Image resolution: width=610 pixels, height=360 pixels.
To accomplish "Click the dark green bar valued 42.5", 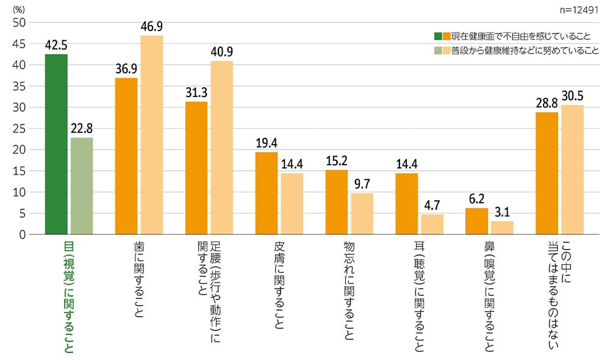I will tap(56, 144).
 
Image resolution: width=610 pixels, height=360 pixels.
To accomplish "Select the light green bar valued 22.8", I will tap(82, 185).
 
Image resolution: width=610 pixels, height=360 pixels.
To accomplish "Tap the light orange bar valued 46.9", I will tap(152, 135).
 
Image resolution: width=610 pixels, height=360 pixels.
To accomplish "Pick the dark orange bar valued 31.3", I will tap(196, 168).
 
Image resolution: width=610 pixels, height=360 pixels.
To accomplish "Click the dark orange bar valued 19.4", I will tap(267, 193).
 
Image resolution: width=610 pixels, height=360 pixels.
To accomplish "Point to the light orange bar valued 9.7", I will tap(362, 214).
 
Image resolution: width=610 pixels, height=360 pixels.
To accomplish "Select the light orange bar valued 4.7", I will tap(432, 224).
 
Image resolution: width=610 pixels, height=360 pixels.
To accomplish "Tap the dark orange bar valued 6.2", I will tap(476, 221).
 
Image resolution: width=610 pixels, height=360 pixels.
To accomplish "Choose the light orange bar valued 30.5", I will tap(572, 170).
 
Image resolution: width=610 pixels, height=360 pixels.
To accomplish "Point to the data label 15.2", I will tap(337, 160).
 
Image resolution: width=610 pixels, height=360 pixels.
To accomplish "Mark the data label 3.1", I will tap(502, 212).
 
